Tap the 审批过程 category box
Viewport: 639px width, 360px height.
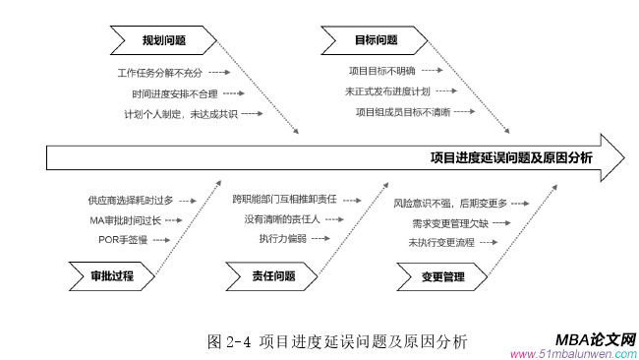tap(111, 276)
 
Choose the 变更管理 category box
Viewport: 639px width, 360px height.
tap(441, 276)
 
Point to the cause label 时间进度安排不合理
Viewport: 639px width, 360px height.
tap(173, 93)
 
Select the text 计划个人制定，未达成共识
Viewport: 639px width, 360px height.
tap(179, 114)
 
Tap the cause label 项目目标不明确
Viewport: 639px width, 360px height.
tap(381, 71)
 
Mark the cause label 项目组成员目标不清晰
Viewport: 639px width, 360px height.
tap(402, 112)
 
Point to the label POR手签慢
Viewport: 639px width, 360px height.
tap(122, 239)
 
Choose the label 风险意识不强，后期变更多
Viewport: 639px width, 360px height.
tap(450, 203)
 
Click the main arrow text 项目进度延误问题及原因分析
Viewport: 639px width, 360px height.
tap(511, 157)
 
